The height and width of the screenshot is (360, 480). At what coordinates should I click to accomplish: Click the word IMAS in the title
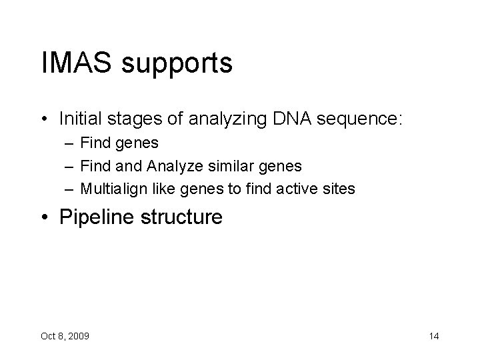click(x=74, y=64)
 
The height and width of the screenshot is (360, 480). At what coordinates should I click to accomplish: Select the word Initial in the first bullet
click(x=79, y=119)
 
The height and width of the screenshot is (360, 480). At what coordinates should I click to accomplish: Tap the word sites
click(x=341, y=189)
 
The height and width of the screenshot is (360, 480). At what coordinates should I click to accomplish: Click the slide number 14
click(x=433, y=336)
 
